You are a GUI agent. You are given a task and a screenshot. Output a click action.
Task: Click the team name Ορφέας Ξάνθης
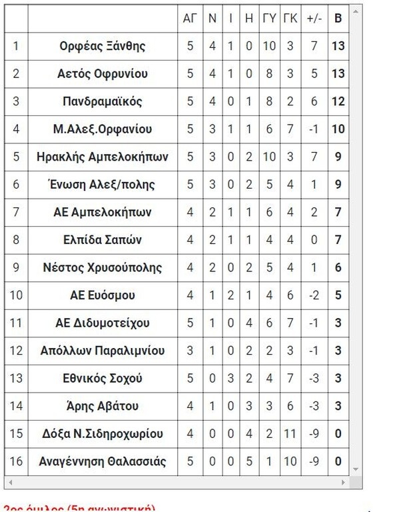102,47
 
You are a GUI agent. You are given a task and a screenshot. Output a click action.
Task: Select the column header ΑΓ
189,19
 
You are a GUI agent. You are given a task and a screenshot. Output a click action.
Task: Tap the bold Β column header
338,19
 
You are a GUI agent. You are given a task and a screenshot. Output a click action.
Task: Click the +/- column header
314,19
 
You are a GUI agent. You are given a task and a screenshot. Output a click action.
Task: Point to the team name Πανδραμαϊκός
102,102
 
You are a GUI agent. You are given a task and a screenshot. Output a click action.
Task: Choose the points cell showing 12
338,102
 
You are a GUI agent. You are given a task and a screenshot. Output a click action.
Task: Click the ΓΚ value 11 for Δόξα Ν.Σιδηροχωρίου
290,434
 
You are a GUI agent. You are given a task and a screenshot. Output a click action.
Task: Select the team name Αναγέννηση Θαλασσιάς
102,461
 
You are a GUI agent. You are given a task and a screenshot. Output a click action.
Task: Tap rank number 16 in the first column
16,461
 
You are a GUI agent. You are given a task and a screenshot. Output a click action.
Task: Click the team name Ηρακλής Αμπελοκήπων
102,157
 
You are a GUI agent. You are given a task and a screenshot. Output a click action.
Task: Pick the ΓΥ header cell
269,19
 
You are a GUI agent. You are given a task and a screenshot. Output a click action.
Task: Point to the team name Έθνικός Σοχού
102,379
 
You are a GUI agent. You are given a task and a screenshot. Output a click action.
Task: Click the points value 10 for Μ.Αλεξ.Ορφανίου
338,129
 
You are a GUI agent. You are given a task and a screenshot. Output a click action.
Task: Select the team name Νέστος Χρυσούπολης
102,268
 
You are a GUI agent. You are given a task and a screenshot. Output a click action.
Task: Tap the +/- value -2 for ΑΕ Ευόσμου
314,296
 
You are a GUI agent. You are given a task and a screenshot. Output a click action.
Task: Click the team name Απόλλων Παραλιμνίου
102,351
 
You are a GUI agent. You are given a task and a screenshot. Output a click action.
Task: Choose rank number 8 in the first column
16,241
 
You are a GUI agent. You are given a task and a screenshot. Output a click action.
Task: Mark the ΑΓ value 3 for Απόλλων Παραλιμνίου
189,351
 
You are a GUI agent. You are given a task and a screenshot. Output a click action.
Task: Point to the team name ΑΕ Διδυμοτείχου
102,323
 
